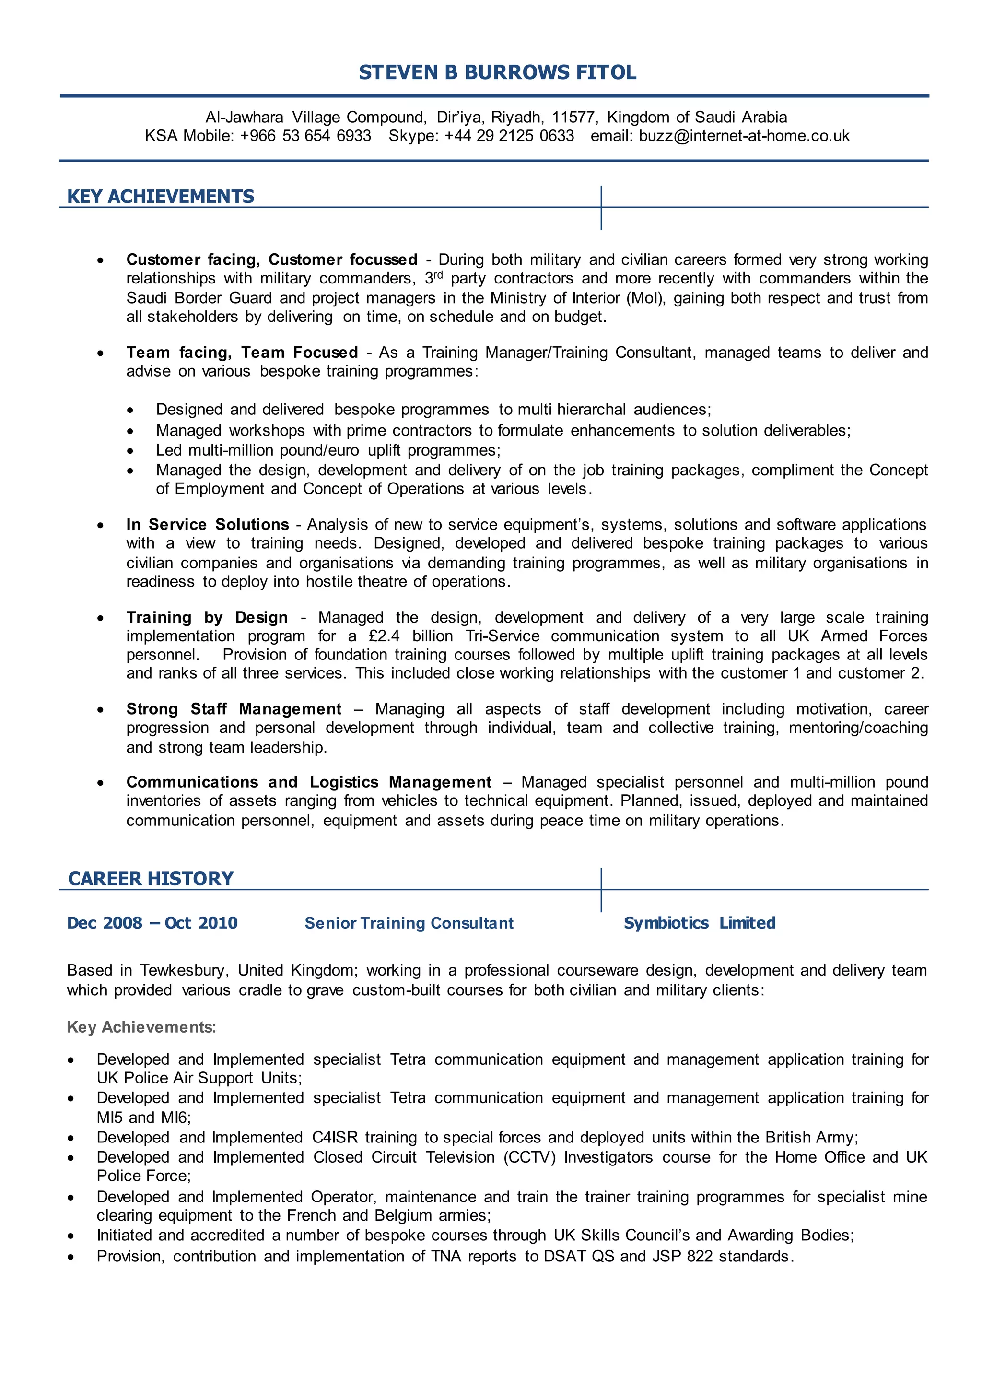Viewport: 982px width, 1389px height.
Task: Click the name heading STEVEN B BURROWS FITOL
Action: [497, 72]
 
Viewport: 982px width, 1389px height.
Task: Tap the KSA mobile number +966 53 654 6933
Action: [305, 136]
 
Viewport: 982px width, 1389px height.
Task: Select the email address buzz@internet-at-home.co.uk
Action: [744, 136]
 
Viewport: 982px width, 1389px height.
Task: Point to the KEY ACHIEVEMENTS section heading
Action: [160, 197]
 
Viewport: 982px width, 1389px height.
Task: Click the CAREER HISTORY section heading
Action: [151, 878]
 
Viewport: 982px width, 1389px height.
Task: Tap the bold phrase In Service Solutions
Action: [208, 525]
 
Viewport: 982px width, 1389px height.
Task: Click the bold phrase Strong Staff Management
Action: [234, 709]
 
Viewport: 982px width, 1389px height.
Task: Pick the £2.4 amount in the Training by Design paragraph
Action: [384, 636]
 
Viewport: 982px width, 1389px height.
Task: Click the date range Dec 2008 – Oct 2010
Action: [152, 923]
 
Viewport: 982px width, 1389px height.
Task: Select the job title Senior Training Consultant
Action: [409, 923]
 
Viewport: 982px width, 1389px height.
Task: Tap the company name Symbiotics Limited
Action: [700, 923]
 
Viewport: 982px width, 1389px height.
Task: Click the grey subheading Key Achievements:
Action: [141, 1027]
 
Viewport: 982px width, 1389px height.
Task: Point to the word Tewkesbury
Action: [184, 970]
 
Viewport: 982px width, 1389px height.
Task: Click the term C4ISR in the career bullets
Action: [335, 1137]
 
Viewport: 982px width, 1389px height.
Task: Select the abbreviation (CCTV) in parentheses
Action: [530, 1157]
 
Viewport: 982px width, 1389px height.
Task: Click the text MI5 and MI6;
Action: [143, 1118]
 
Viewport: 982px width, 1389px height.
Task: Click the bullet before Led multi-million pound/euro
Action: [130, 451]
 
